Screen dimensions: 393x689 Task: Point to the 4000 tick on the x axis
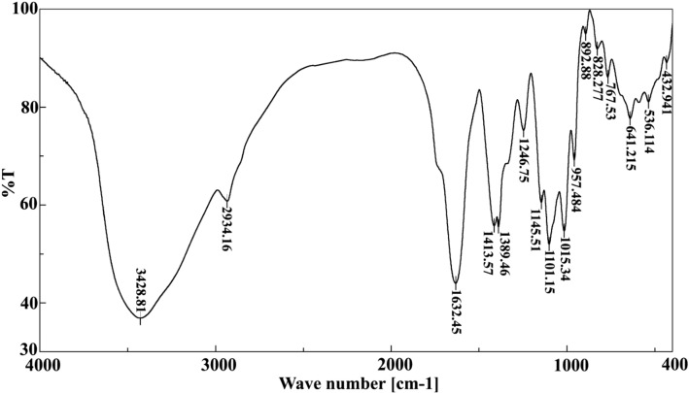click(x=40, y=365)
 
